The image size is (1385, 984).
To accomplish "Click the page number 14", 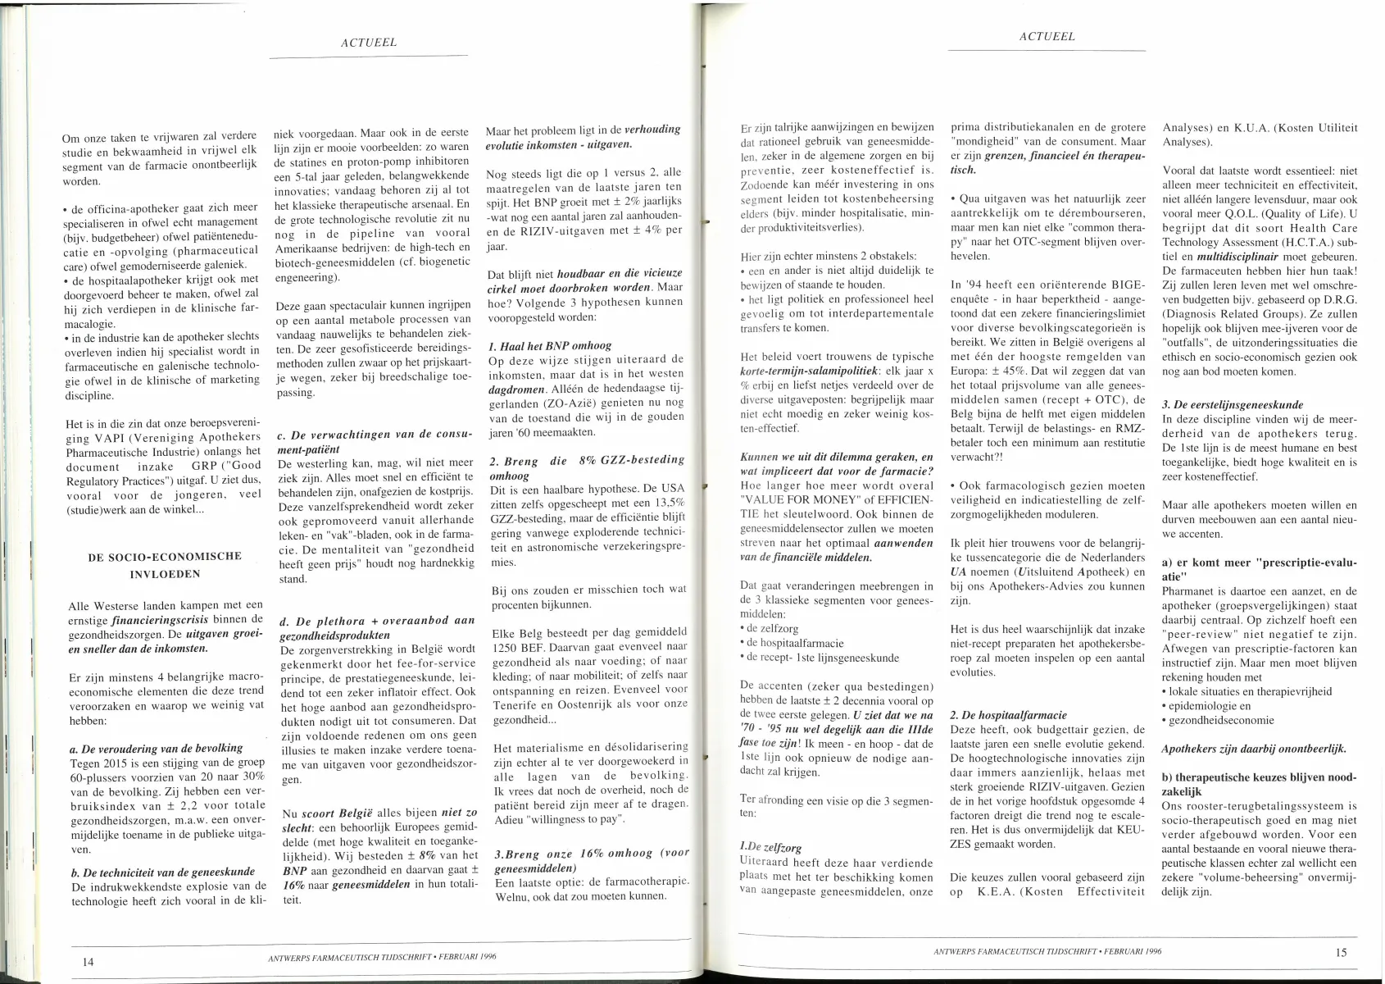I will (89, 961).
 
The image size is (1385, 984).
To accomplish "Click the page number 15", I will (1340, 951).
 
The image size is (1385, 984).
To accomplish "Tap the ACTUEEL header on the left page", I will (369, 43).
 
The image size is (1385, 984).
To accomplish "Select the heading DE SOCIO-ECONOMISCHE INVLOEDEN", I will (164, 565).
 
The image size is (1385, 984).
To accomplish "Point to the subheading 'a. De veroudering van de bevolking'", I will (157, 748).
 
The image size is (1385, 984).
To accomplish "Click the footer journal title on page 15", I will (1047, 951).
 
